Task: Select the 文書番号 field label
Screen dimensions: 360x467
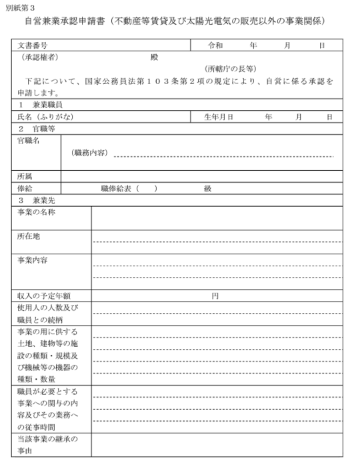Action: coord(33,45)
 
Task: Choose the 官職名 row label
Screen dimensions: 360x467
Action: coord(29,141)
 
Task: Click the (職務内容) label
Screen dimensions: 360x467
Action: coord(89,153)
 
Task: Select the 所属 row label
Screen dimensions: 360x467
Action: coord(25,177)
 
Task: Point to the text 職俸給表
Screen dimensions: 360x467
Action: coord(117,189)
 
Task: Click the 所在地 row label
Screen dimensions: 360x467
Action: coord(29,236)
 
